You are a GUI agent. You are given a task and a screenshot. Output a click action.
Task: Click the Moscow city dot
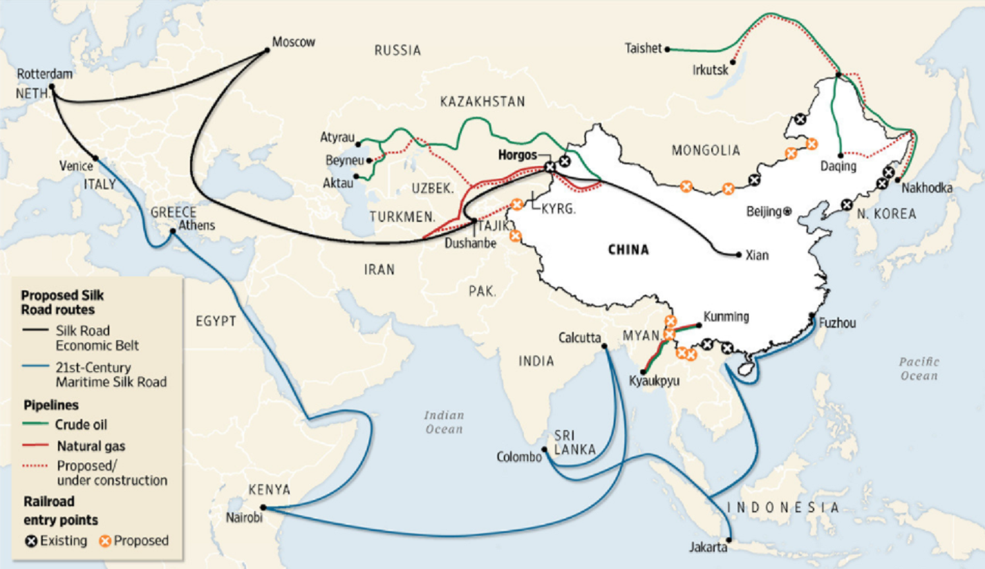(268, 49)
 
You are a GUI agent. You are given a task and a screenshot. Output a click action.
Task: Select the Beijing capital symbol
(787, 212)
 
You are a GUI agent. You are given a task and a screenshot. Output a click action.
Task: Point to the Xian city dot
(738, 254)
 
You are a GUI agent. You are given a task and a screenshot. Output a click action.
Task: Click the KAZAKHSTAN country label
(482, 102)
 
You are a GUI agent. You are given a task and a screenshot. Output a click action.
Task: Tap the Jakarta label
(708, 548)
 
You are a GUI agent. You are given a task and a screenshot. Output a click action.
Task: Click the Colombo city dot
(545, 450)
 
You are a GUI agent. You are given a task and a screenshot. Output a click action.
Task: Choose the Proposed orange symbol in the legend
(106, 541)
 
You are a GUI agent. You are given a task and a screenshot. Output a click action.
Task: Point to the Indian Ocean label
(444, 422)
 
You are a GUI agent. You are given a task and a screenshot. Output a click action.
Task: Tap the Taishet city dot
(668, 49)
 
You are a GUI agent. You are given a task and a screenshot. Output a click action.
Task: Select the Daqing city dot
(841, 155)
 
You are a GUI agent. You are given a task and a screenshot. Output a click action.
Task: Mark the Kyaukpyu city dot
(643, 371)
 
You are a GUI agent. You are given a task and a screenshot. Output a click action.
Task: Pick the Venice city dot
(95, 158)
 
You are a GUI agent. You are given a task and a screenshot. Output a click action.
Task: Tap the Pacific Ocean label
(919, 369)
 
